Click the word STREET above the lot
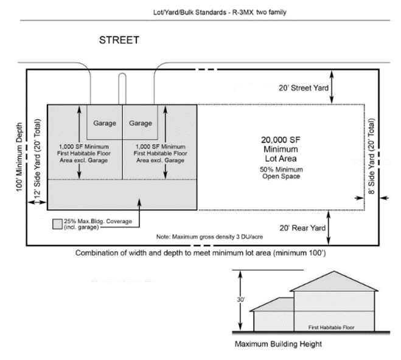119,40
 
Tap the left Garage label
105,123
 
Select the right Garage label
141,123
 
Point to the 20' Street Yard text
304,88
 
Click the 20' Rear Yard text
302,228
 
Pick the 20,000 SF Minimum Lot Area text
281,149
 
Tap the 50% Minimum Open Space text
281,173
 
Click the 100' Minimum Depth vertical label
19,157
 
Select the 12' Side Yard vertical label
37,158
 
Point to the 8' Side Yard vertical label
371,156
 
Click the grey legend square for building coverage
58,224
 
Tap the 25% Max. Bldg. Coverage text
98,224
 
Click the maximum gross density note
210,237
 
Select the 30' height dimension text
240,299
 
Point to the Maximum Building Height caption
278,344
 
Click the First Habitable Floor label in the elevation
331,327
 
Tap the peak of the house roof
333,271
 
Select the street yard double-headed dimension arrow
332,87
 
